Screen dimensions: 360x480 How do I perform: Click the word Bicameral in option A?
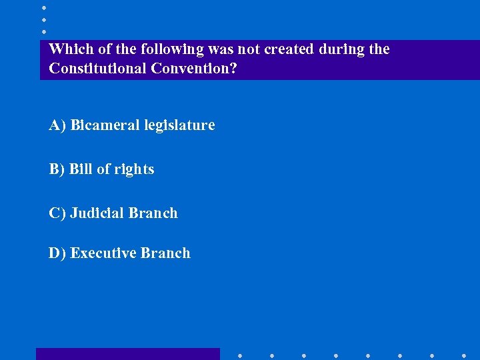(101, 125)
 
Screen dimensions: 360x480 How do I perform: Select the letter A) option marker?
(57, 125)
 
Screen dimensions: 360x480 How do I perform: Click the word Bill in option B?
(81, 169)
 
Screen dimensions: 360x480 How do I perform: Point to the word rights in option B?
(134, 169)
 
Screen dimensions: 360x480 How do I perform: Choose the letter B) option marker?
(57, 169)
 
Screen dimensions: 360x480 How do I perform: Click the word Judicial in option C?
(97, 213)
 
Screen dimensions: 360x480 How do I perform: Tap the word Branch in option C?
(153, 213)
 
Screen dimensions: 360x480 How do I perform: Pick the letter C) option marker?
(57, 213)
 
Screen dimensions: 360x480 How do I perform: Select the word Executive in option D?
(104, 253)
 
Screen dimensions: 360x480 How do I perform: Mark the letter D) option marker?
(57, 253)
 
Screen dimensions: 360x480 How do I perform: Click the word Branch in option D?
(166, 253)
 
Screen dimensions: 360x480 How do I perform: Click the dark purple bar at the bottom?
(127, 354)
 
